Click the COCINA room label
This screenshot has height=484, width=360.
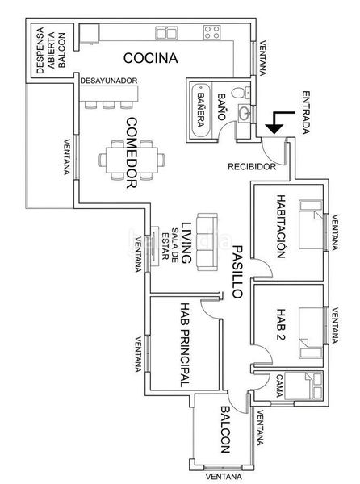coord(151,58)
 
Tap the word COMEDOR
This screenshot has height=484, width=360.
coord(132,152)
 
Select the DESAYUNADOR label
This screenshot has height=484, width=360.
coord(109,81)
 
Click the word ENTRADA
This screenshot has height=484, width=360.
coord(305,112)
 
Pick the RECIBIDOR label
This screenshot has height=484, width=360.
coord(252,167)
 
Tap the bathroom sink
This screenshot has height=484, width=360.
coord(245,113)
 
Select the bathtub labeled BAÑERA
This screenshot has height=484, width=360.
coord(201,111)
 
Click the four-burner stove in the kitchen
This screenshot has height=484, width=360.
coord(211,32)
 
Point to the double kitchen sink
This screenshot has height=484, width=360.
coord(166,33)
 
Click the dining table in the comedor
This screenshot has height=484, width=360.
coord(132,160)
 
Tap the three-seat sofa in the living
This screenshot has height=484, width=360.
coord(207,242)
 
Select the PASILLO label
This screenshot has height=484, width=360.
coord(237,272)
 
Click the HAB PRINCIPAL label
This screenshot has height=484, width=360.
coord(185,344)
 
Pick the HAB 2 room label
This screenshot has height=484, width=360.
coord(281,324)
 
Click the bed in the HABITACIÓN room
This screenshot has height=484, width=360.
coord(310,224)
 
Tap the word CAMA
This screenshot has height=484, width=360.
coord(279,386)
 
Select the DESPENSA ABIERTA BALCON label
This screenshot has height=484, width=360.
coord(51,50)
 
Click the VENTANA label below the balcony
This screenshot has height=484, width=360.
coord(224,477)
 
